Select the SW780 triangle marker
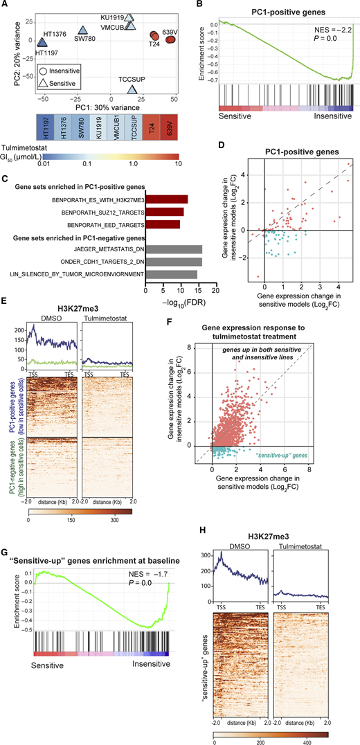pos(82,30)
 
